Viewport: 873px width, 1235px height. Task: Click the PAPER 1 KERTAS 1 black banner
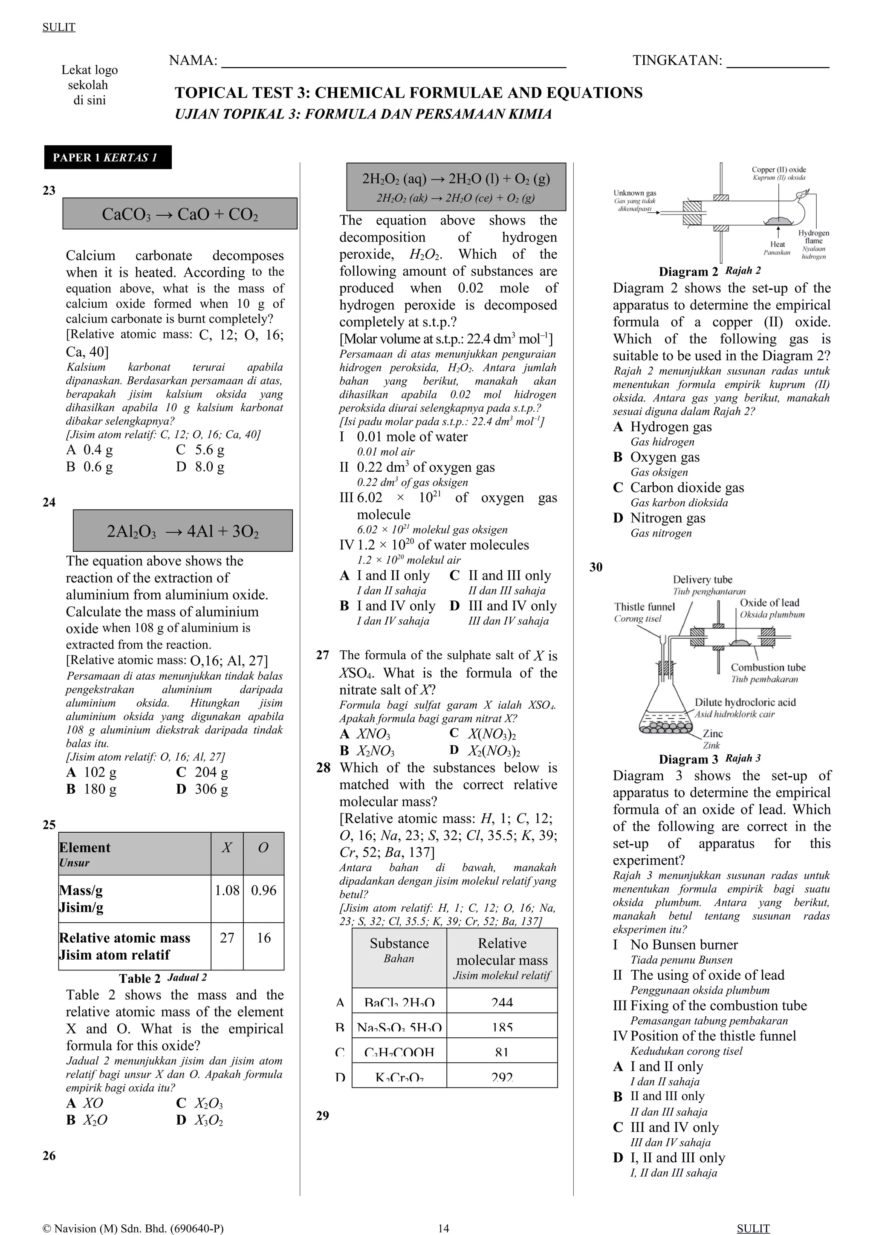(107, 158)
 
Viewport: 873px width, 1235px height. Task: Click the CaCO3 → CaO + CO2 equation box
(179, 214)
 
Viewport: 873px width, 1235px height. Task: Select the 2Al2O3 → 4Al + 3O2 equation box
(183, 531)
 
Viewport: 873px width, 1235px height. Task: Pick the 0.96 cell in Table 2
(263, 890)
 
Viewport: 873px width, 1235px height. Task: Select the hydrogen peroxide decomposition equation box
(456, 186)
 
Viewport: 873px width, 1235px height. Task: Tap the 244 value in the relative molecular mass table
(502, 1002)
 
